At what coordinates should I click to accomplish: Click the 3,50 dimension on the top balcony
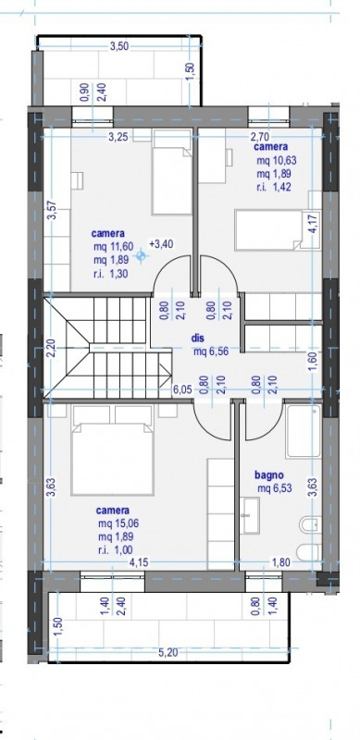(119, 46)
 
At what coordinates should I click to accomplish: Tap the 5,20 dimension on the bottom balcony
(168, 653)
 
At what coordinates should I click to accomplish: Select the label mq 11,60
(114, 246)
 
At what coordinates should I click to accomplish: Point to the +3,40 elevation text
(161, 244)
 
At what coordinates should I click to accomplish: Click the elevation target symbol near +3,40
(141, 256)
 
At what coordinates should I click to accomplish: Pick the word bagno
(268, 475)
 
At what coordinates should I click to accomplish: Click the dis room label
(197, 339)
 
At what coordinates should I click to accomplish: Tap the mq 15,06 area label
(118, 524)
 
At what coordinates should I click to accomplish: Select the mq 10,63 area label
(277, 161)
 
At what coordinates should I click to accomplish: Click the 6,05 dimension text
(182, 389)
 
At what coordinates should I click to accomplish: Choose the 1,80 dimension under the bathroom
(281, 562)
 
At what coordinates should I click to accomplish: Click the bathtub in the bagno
(304, 430)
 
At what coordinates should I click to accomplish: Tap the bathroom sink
(249, 515)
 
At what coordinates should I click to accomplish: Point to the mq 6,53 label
(275, 488)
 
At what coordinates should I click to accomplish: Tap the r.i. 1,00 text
(116, 549)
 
